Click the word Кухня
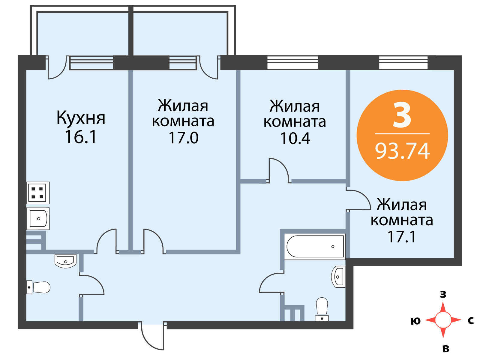coord(81,118)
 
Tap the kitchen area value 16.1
coord(81,137)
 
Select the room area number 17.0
coord(183,138)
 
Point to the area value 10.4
coord(295,139)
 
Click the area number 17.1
coord(402,237)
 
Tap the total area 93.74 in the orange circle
coord(402,151)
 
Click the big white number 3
coord(402,115)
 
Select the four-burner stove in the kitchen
coord(37,193)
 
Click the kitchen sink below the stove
coord(38,219)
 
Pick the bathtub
coord(315,247)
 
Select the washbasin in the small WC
coord(65,261)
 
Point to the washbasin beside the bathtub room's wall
coord(338,277)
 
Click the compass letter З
coord(443,295)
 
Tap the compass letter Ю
coord(415,321)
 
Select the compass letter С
coord(471,321)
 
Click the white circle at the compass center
coord(443,320)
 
